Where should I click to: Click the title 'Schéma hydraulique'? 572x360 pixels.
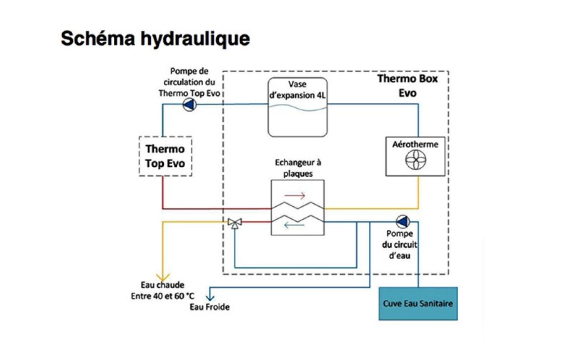click(155, 39)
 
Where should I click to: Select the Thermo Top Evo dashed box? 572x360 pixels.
click(165, 156)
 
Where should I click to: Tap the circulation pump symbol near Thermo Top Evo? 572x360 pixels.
click(189, 105)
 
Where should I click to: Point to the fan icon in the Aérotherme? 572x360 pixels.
click(416, 159)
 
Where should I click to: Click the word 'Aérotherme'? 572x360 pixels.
click(415, 144)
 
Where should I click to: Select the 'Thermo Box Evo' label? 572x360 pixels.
click(407, 86)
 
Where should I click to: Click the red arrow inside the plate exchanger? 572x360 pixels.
click(295, 196)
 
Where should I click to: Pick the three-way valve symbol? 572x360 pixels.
click(235, 223)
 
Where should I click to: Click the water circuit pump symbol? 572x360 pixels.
click(402, 221)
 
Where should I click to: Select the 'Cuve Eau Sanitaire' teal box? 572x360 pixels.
click(418, 303)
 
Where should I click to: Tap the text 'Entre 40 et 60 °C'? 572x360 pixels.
click(162, 296)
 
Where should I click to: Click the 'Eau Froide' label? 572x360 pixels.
click(210, 307)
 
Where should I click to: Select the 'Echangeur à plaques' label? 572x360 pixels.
click(298, 168)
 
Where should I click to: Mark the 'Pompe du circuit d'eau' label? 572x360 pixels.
click(399, 245)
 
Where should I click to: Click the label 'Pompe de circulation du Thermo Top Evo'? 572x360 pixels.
click(189, 82)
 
